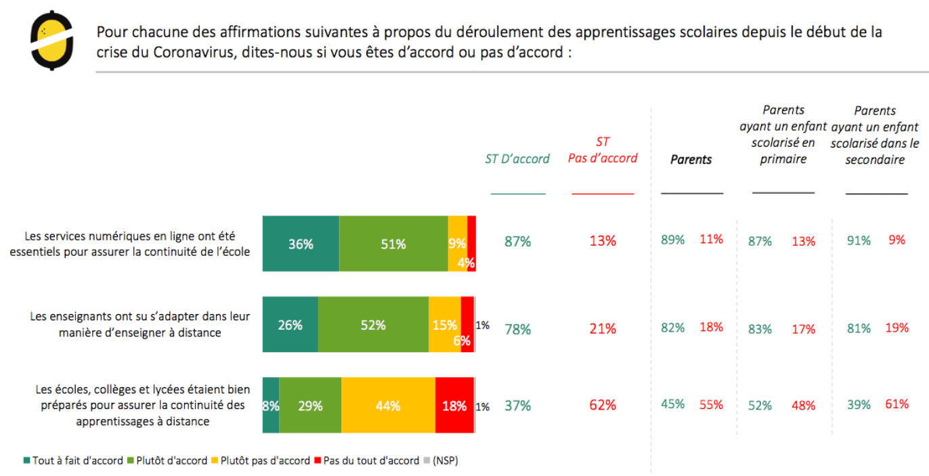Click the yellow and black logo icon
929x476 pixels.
coord(51,40)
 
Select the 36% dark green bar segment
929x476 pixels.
coord(301,244)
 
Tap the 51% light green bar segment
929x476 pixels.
coord(393,244)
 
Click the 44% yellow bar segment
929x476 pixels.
coord(388,406)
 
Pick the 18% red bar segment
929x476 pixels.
coord(454,406)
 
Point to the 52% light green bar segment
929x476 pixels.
coord(373,324)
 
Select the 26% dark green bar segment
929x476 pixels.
coord(290,324)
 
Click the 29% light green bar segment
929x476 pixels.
coord(310,406)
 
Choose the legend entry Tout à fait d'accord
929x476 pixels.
coord(74,460)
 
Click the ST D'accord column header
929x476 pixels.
coord(517,158)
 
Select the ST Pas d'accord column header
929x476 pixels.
coord(603,150)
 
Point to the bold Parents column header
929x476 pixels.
coord(691,160)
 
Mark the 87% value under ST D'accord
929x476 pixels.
coord(517,241)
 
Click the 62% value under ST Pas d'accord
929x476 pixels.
coord(603,406)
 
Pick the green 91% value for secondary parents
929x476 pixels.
coord(859,240)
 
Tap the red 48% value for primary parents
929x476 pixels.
coord(804,406)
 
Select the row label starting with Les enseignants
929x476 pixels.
coord(140,324)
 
